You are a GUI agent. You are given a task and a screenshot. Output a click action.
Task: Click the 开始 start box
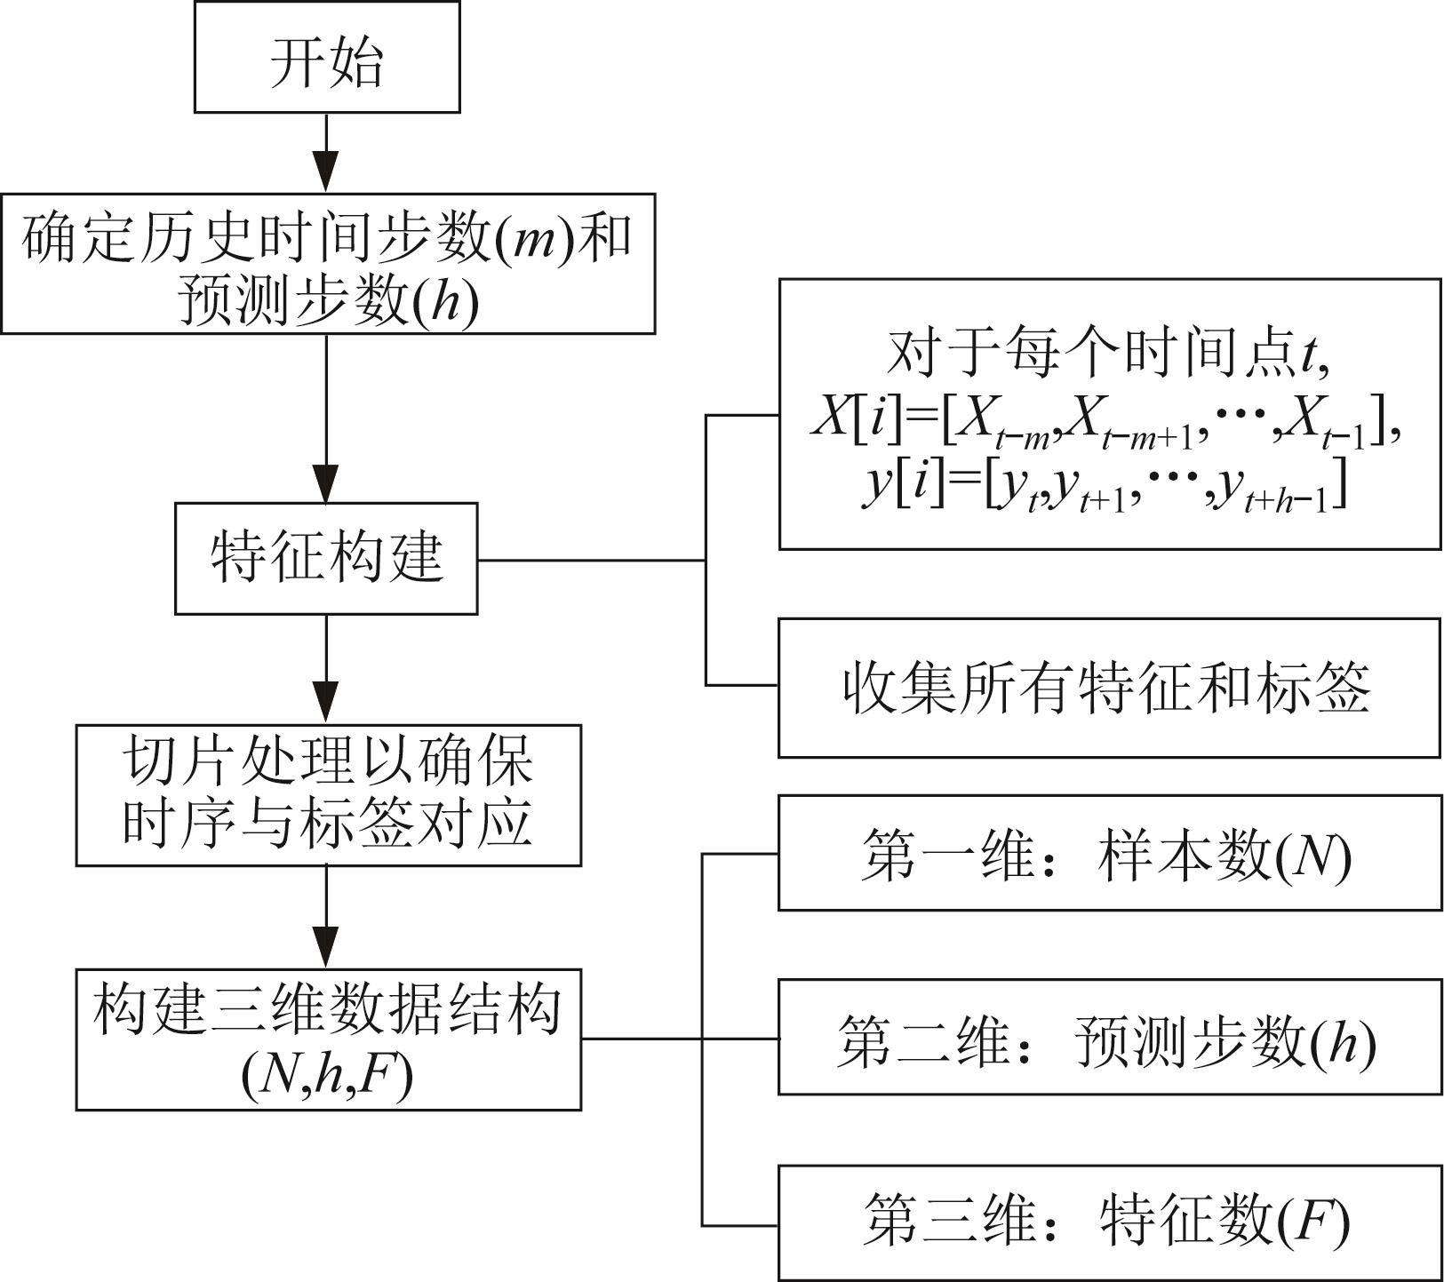[x=327, y=58]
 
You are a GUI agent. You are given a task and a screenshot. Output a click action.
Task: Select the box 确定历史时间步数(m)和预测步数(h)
[x=327, y=264]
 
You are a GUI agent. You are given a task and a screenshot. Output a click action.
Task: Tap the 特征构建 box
[x=326, y=559]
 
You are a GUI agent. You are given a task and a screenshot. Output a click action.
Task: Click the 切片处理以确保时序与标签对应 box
[x=328, y=795]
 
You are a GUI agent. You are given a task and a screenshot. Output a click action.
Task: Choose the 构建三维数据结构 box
[x=328, y=1039]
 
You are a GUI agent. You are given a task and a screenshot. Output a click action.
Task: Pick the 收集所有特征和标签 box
[x=1109, y=688]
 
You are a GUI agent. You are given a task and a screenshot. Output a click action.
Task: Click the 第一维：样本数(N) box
[x=1109, y=854]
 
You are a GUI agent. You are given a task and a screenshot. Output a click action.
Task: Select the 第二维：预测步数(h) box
[x=1109, y=1037]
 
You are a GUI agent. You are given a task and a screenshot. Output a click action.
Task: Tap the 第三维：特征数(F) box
[x=1109, y=1222]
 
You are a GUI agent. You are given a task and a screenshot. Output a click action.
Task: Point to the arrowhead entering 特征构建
[x=327, y=484]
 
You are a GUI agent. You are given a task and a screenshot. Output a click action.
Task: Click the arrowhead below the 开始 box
[x=327, y=172]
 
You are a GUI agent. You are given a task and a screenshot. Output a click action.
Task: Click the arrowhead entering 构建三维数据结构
[x=327, y=949]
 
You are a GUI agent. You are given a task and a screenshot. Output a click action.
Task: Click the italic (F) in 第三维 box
[x=1315, y=1222]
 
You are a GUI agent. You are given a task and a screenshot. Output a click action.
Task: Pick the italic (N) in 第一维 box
[x=1315, y=856]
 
